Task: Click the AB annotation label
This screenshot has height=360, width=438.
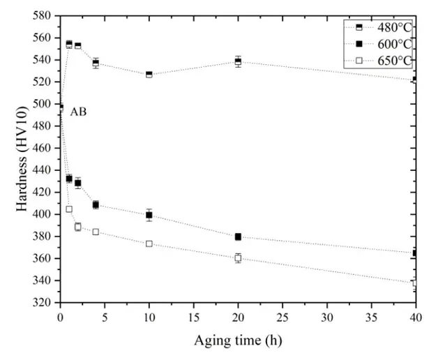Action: (78, 112)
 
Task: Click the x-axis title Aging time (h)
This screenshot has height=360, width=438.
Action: (238, 341)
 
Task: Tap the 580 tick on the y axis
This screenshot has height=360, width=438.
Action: (45, 15)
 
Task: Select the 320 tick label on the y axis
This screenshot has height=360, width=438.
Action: (45, 303)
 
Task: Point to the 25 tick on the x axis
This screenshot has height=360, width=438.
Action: (282, 315)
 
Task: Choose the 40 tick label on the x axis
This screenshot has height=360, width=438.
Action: (415, 315)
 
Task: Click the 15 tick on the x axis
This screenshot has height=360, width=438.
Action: (194, 315)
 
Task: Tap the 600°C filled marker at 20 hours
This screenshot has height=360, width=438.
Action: (238, 237)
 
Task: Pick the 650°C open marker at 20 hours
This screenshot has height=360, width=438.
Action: (238, 258)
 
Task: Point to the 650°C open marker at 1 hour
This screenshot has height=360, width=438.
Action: (69, 209)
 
